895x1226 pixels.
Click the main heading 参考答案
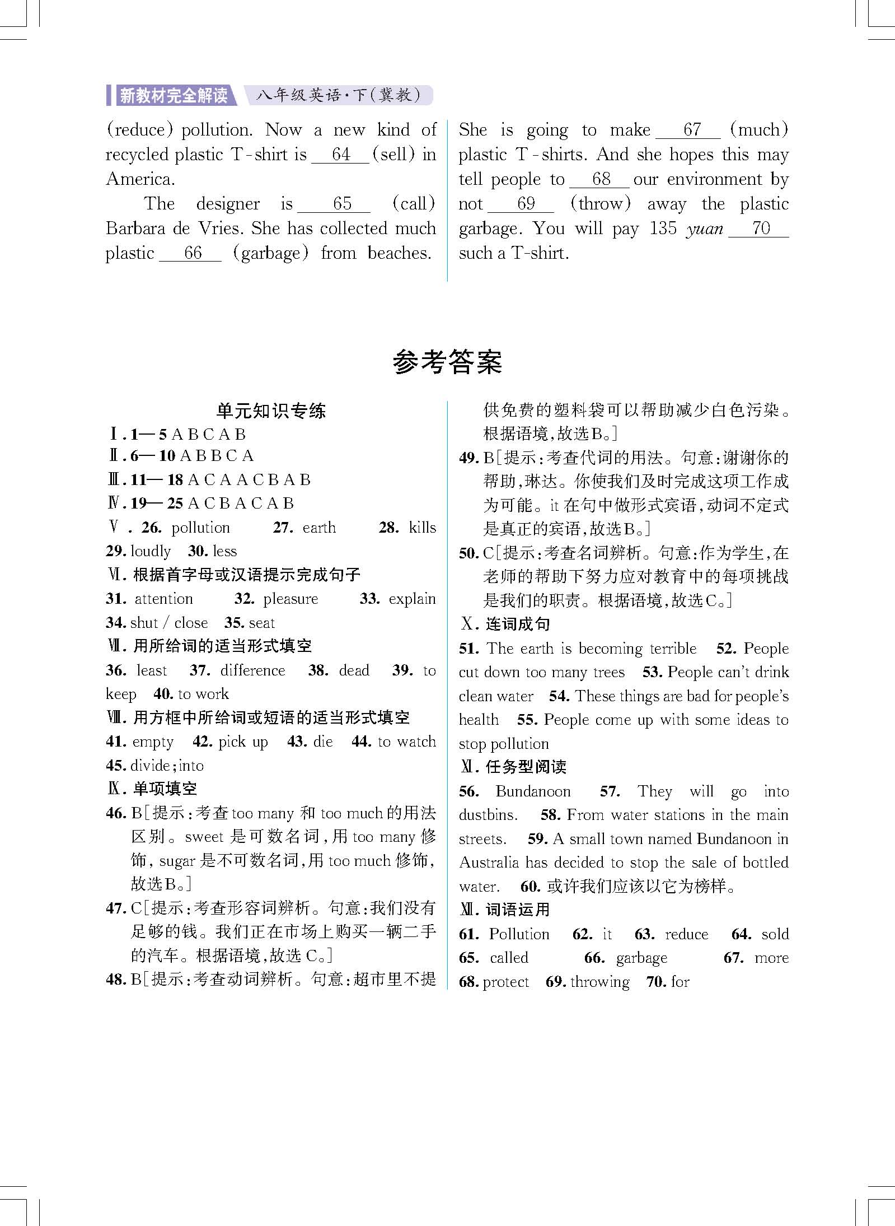(447, 362)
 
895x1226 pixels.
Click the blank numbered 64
(340, 155)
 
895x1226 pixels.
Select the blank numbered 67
(688, 130)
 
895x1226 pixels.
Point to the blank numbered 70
(759, 229)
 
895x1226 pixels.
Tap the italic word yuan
(704, 229)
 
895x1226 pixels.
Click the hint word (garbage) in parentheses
(271, 253)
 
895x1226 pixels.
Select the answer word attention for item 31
(164, 599)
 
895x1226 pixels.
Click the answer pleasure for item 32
(290, 599)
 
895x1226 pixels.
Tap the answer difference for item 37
(252, 670)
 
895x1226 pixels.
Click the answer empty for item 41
(153, 742)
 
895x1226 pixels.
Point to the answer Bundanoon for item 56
(533, 791)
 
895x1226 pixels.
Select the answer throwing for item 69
(600, 982)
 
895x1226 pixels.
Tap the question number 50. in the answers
(468, 553)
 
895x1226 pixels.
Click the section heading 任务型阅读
(526, 767)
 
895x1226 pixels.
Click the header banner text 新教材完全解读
(174, 96)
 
